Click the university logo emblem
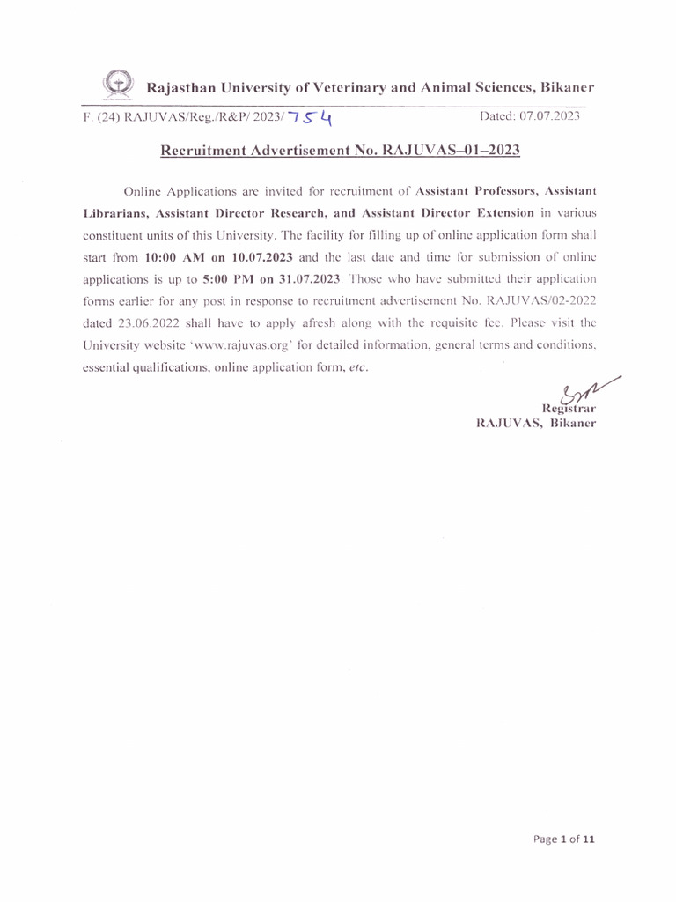point(115,85)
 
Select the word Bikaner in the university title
point(568,87)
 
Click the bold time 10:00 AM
point(173,256)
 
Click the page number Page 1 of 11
point(564,839)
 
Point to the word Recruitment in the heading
point(203,151)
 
